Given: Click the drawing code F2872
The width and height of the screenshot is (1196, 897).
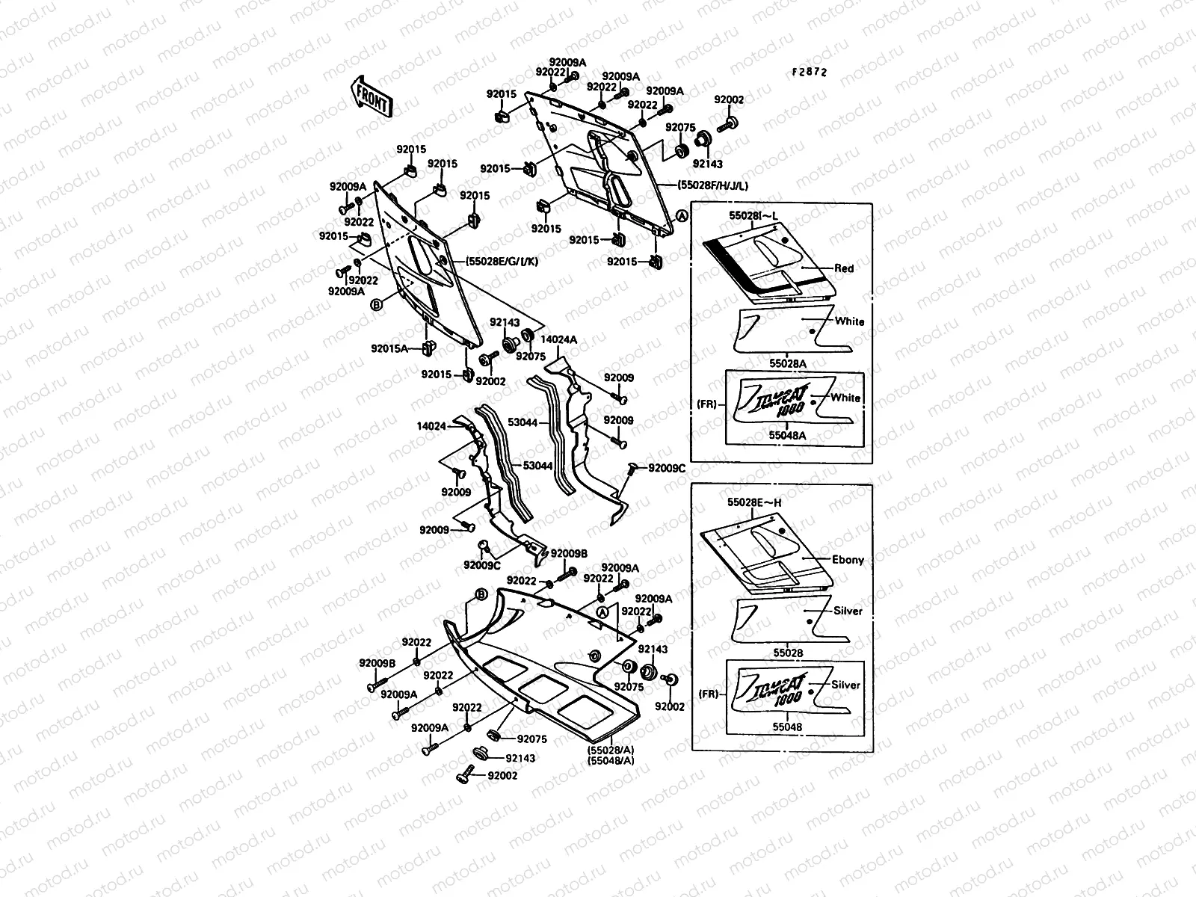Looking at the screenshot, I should pos(810,73).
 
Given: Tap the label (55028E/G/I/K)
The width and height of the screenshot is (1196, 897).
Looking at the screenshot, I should pos(501,262).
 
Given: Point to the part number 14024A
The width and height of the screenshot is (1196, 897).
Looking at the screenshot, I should pos(558,339).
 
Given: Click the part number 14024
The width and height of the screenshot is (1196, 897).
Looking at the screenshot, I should pos(431,426).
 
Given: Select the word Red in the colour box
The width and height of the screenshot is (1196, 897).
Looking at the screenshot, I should pos(844,268).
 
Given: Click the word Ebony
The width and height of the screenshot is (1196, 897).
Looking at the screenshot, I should pos(848,559).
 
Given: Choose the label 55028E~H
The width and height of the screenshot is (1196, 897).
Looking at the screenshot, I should pos(755,502).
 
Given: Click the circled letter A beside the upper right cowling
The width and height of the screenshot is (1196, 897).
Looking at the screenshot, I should pos(681,215).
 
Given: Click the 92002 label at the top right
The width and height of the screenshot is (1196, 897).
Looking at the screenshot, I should pos(729,99).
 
